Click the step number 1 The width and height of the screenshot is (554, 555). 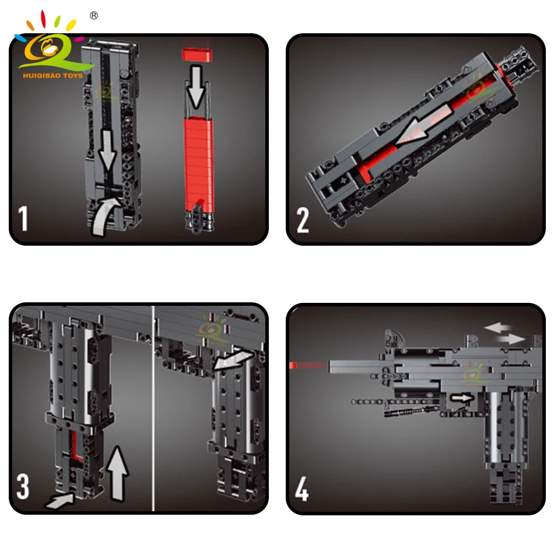[x=23, y=219]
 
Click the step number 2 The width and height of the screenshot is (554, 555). [x=303, y=220]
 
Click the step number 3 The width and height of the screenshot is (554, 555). [x=23, y=487]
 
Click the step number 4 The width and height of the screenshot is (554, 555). [x=301, y=489]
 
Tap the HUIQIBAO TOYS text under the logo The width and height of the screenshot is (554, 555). [x=52, y=75]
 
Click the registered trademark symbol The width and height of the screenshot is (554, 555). [x=94, y=16]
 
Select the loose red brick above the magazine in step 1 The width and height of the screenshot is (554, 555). [x=197, y=55]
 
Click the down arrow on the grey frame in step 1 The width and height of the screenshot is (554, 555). [x=107, y=151]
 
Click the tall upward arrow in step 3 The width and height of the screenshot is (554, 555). [x=117, y=473]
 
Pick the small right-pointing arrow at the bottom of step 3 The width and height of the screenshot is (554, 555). [x=60, y=501]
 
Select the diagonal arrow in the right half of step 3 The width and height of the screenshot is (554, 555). [x=233, y=359]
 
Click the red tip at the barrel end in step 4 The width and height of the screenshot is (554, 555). [x=292, y=365]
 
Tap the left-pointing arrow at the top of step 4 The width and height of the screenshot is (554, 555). [x=497, y=327]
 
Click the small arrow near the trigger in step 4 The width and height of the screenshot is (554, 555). [x=461, y=398]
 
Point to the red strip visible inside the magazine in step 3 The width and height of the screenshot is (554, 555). [x=76, y=445]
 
